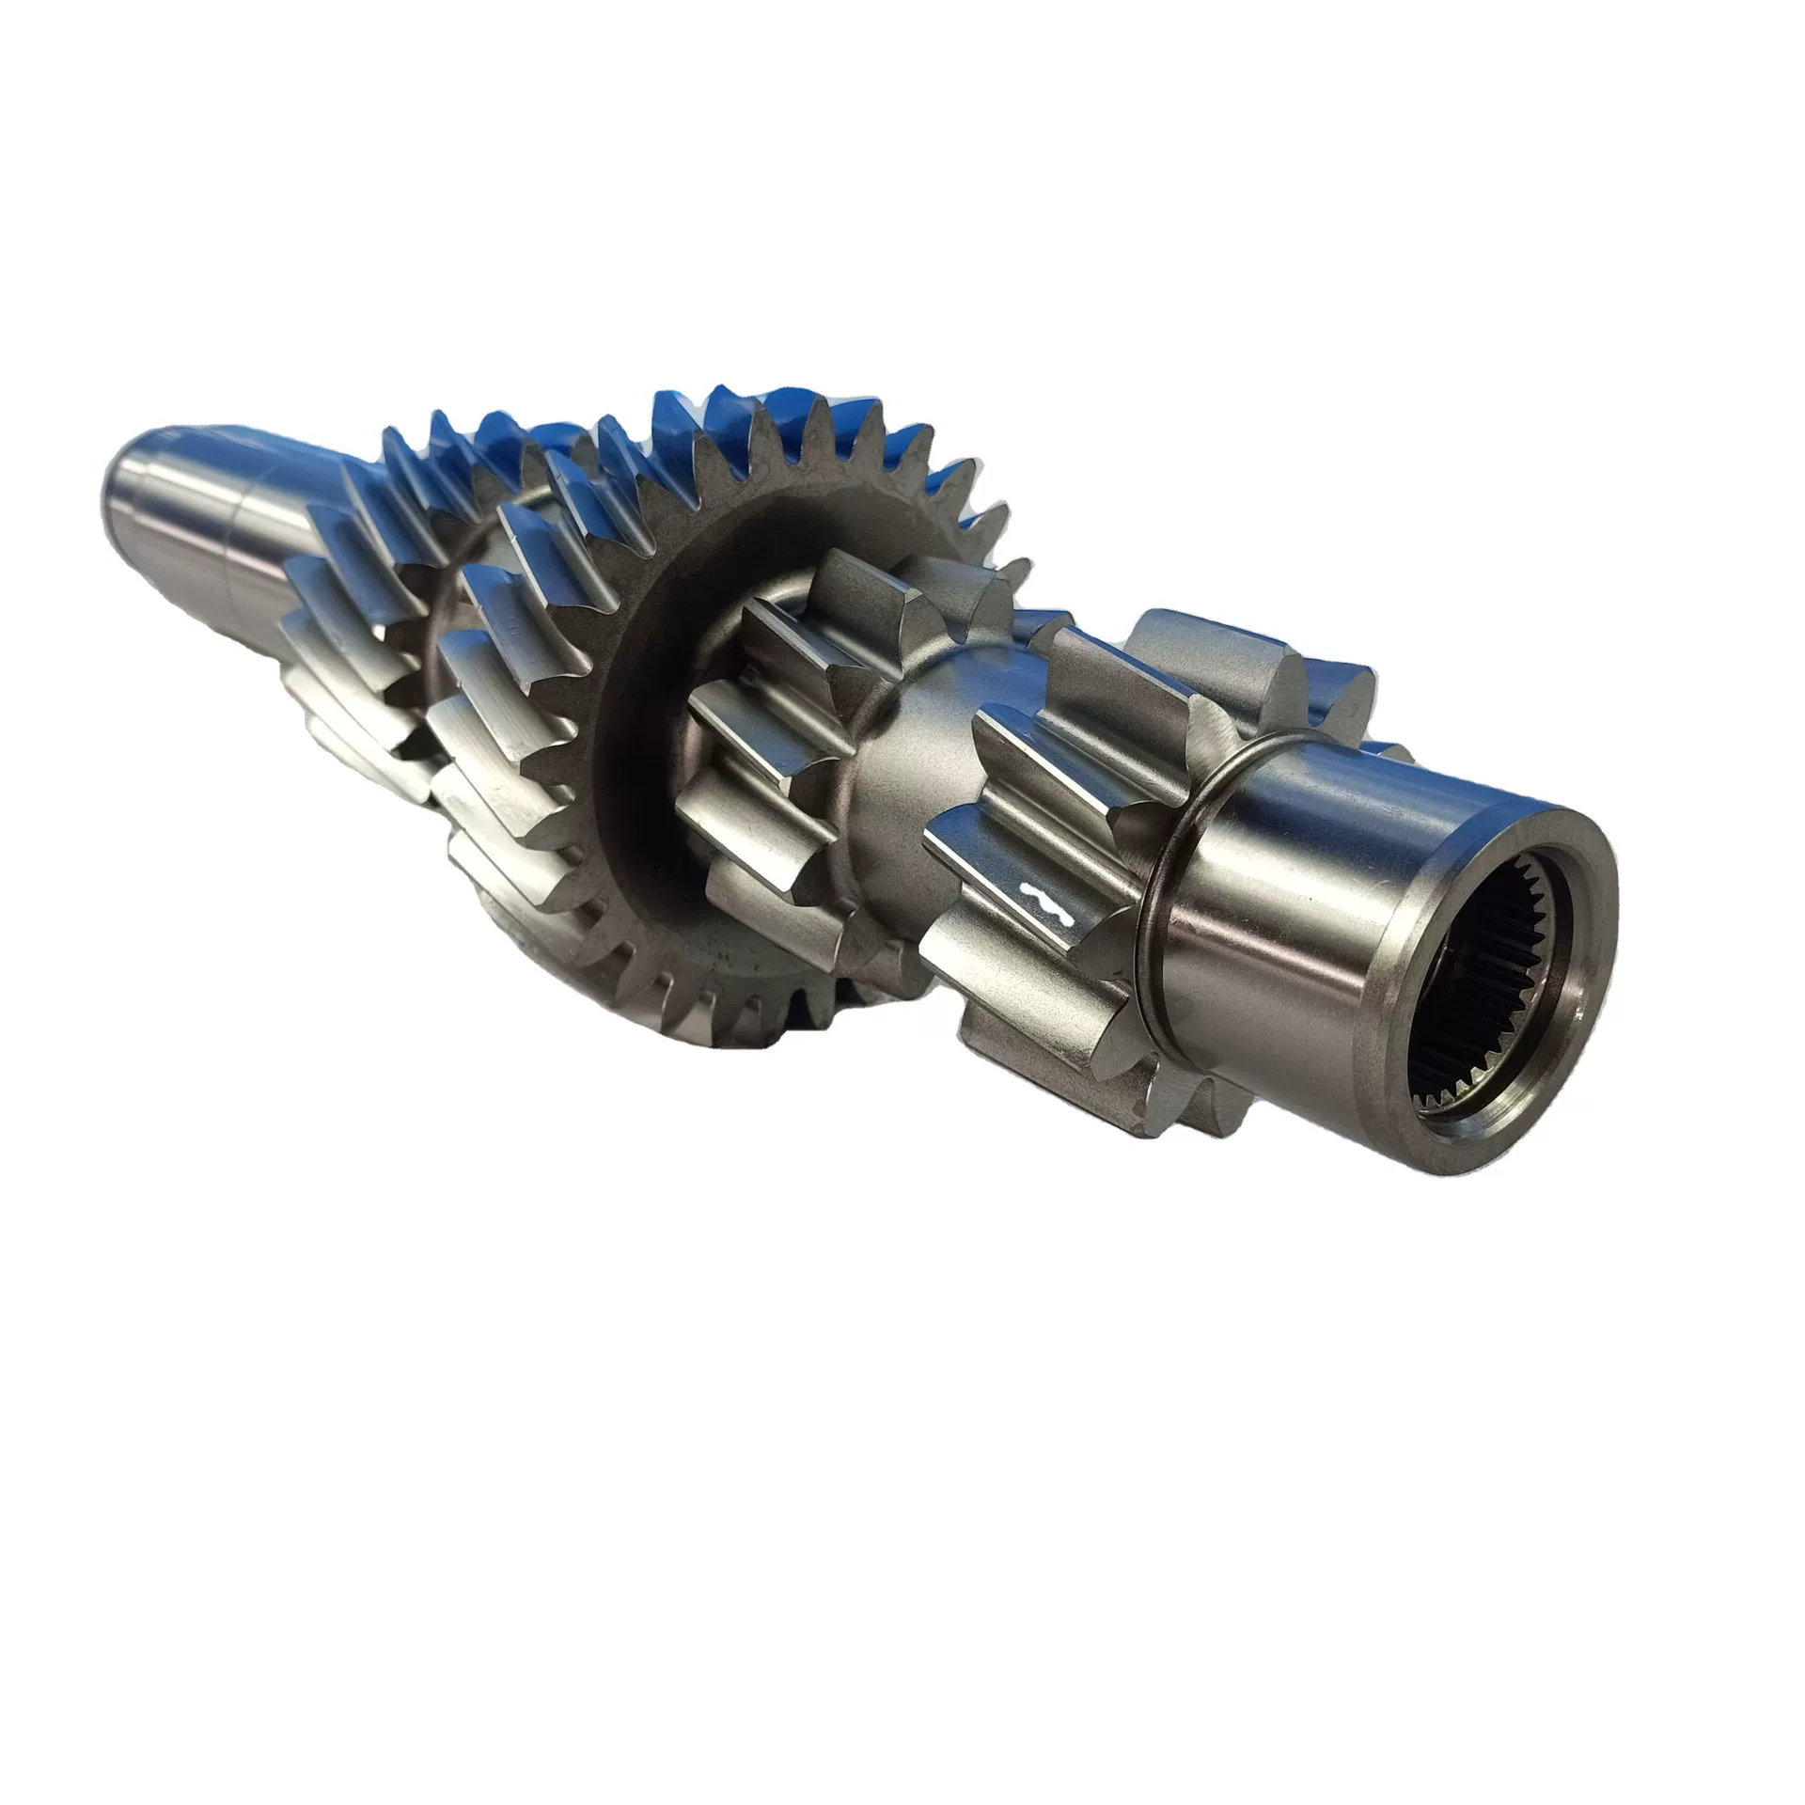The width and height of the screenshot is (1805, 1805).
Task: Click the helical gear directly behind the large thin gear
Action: (x=508, y=658)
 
